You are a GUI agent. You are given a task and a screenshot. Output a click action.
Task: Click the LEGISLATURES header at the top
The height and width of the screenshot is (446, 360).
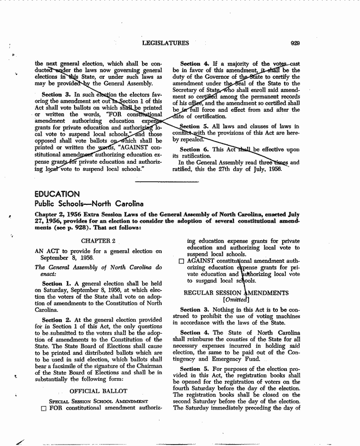[165, 43]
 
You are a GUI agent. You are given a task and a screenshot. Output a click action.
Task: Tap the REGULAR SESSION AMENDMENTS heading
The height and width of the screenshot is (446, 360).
[236, 293]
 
